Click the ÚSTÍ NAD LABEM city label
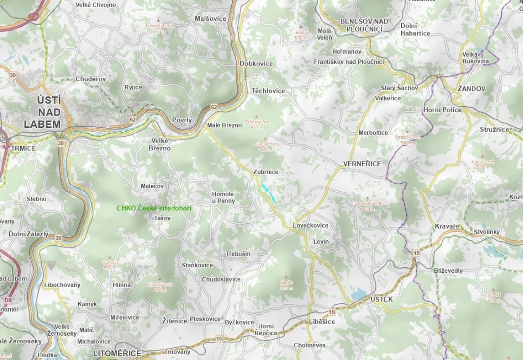point(42,112)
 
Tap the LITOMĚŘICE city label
point(117,354)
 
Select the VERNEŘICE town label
point(362,164)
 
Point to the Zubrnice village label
point(266,172)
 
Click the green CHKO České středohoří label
point(153,208)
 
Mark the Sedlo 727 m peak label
point(286,285)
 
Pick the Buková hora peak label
point(266,146)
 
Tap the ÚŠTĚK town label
point(382,299)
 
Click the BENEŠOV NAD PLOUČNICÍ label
point(364,25)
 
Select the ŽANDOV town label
point(471,89)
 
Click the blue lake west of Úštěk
point(359,295)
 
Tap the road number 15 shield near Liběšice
point(332,312)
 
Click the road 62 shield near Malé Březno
point(213,107)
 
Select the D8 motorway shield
point(8,300)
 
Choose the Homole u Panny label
point(223,197)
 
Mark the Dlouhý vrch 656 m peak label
point(160,287)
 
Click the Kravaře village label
point(447,226)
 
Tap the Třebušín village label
point(238,254)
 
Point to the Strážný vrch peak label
point(407,139)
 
